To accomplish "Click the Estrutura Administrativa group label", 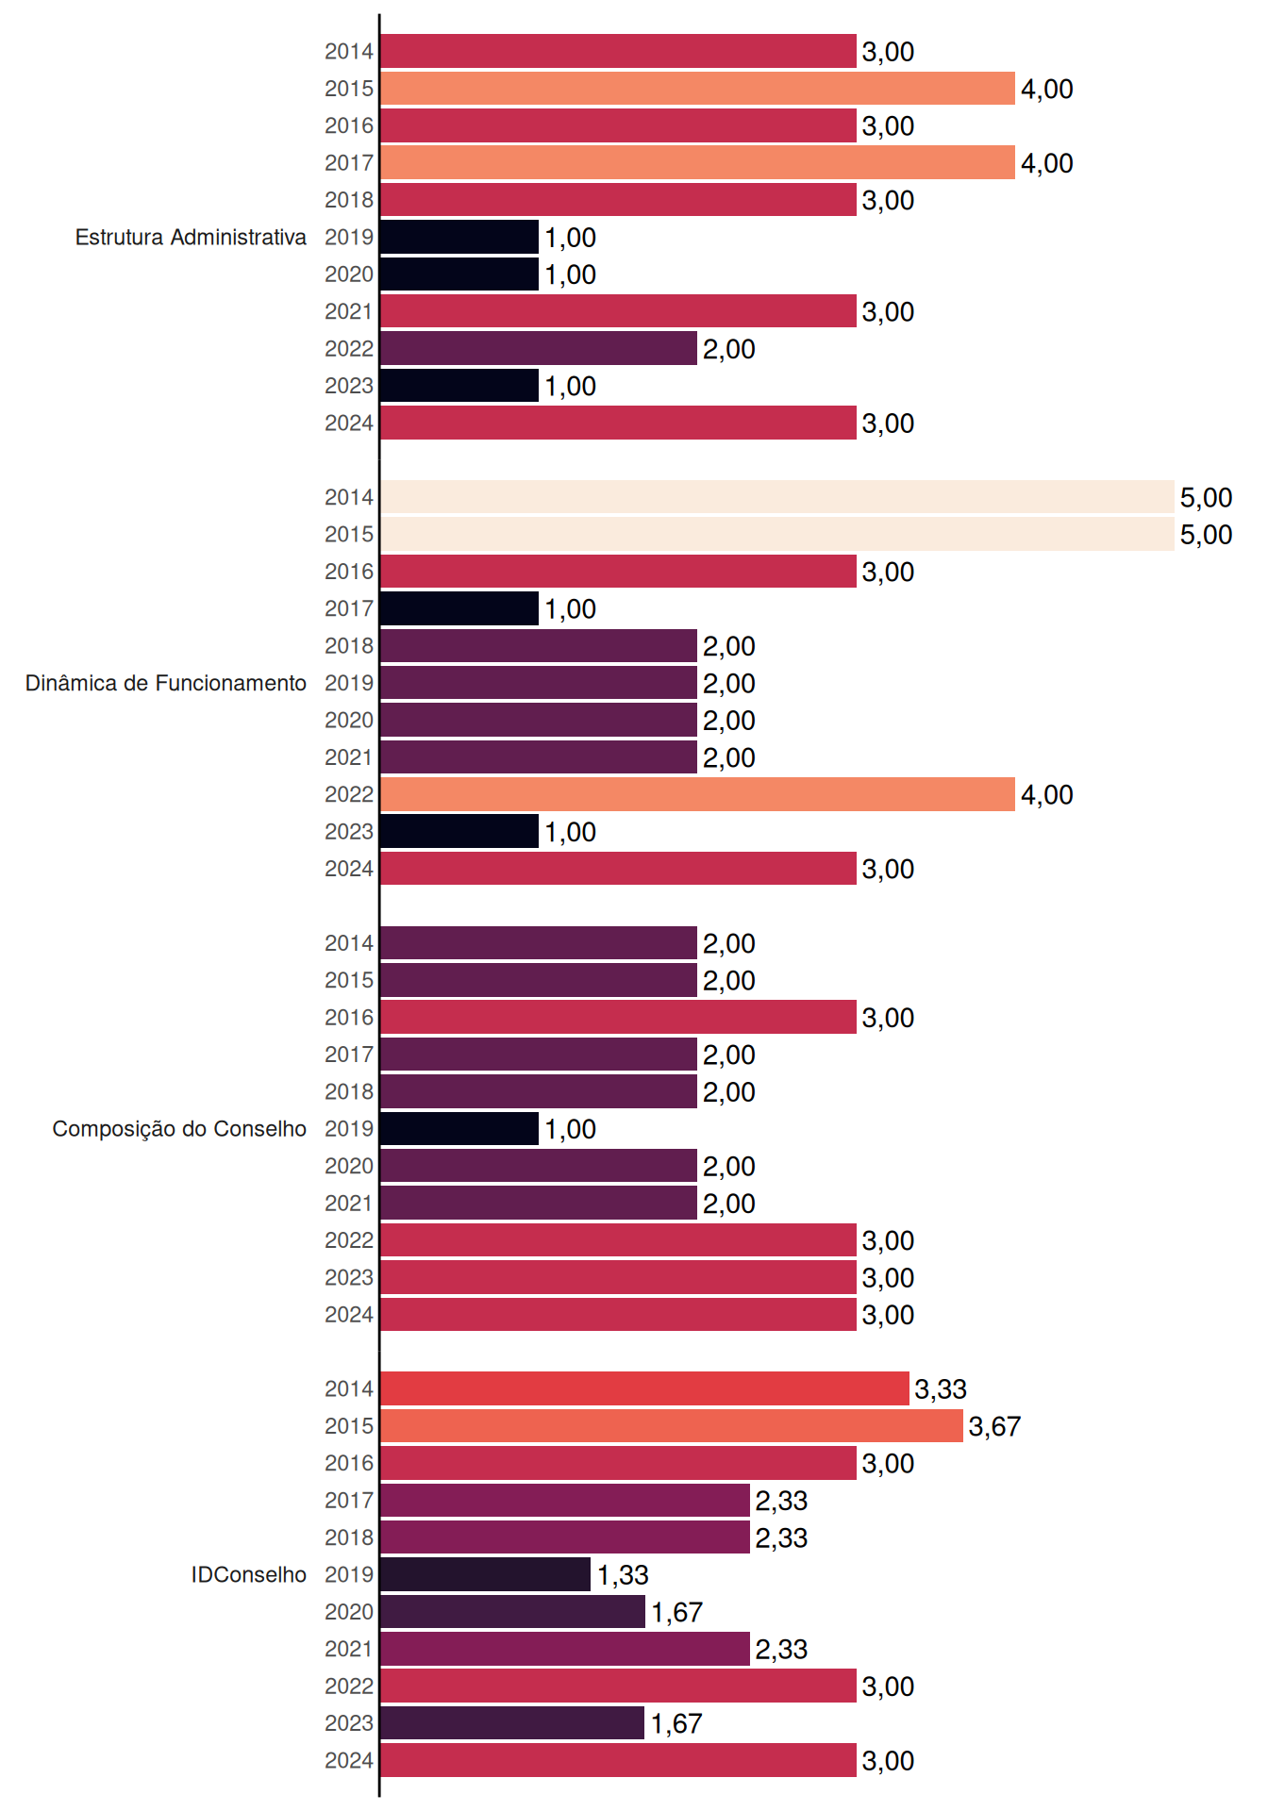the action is pos(191,237).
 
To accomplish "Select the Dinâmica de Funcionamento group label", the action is pos(166,683).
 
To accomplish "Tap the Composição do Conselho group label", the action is pos(179,1129).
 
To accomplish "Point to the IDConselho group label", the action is pos(249,1574).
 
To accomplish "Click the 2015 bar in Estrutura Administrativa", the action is pos(697,89).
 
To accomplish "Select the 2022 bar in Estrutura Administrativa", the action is pos(539,349).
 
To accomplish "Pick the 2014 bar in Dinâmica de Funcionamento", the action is pos(777,497).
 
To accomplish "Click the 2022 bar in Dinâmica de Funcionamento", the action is pos(697,794).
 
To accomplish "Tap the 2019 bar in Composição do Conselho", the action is pos(459,1129).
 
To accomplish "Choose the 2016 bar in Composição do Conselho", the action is pos(618,1018).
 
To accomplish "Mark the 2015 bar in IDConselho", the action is pos(672,1426).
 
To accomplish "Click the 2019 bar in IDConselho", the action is pos(486,1574).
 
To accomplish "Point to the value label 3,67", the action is pos(994,1426).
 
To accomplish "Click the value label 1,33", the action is pos(623,1575).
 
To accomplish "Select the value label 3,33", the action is pos(941,1389).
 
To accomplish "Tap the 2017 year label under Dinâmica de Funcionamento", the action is pos(349,608).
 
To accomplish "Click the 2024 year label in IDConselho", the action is pos(349,1760).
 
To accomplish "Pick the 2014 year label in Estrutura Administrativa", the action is pos(349,52).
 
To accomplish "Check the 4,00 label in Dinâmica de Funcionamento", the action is pos(1047,795).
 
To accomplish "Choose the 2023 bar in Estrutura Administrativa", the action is pos(459,386).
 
